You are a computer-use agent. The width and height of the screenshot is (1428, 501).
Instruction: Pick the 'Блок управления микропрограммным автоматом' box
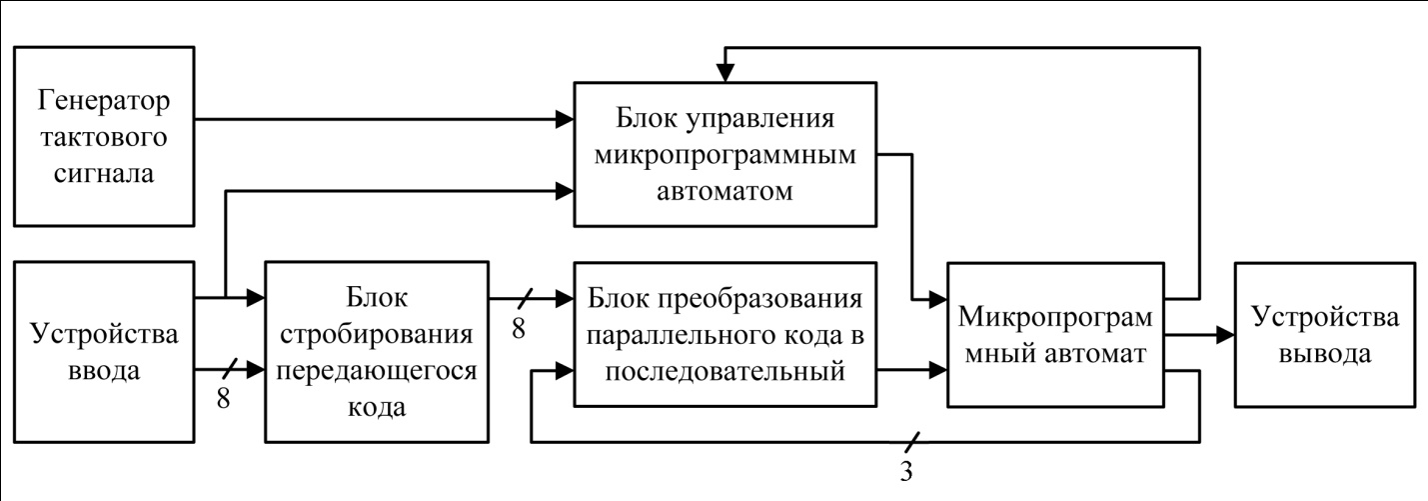[724, 155]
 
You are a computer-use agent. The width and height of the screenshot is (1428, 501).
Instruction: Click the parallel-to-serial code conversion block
[724, 334]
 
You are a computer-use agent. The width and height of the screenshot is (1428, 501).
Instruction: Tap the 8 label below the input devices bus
[223, 398]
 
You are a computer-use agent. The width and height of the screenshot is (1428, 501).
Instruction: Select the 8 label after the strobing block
[518, 326]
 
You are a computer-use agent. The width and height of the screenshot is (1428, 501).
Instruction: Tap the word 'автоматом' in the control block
[724, 191]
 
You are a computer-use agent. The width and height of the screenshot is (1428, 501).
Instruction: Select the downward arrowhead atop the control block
[725, 73]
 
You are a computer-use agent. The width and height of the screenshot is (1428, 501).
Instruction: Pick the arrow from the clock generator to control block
[380, 121]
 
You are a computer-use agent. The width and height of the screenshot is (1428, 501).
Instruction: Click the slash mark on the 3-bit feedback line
[912, 441]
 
